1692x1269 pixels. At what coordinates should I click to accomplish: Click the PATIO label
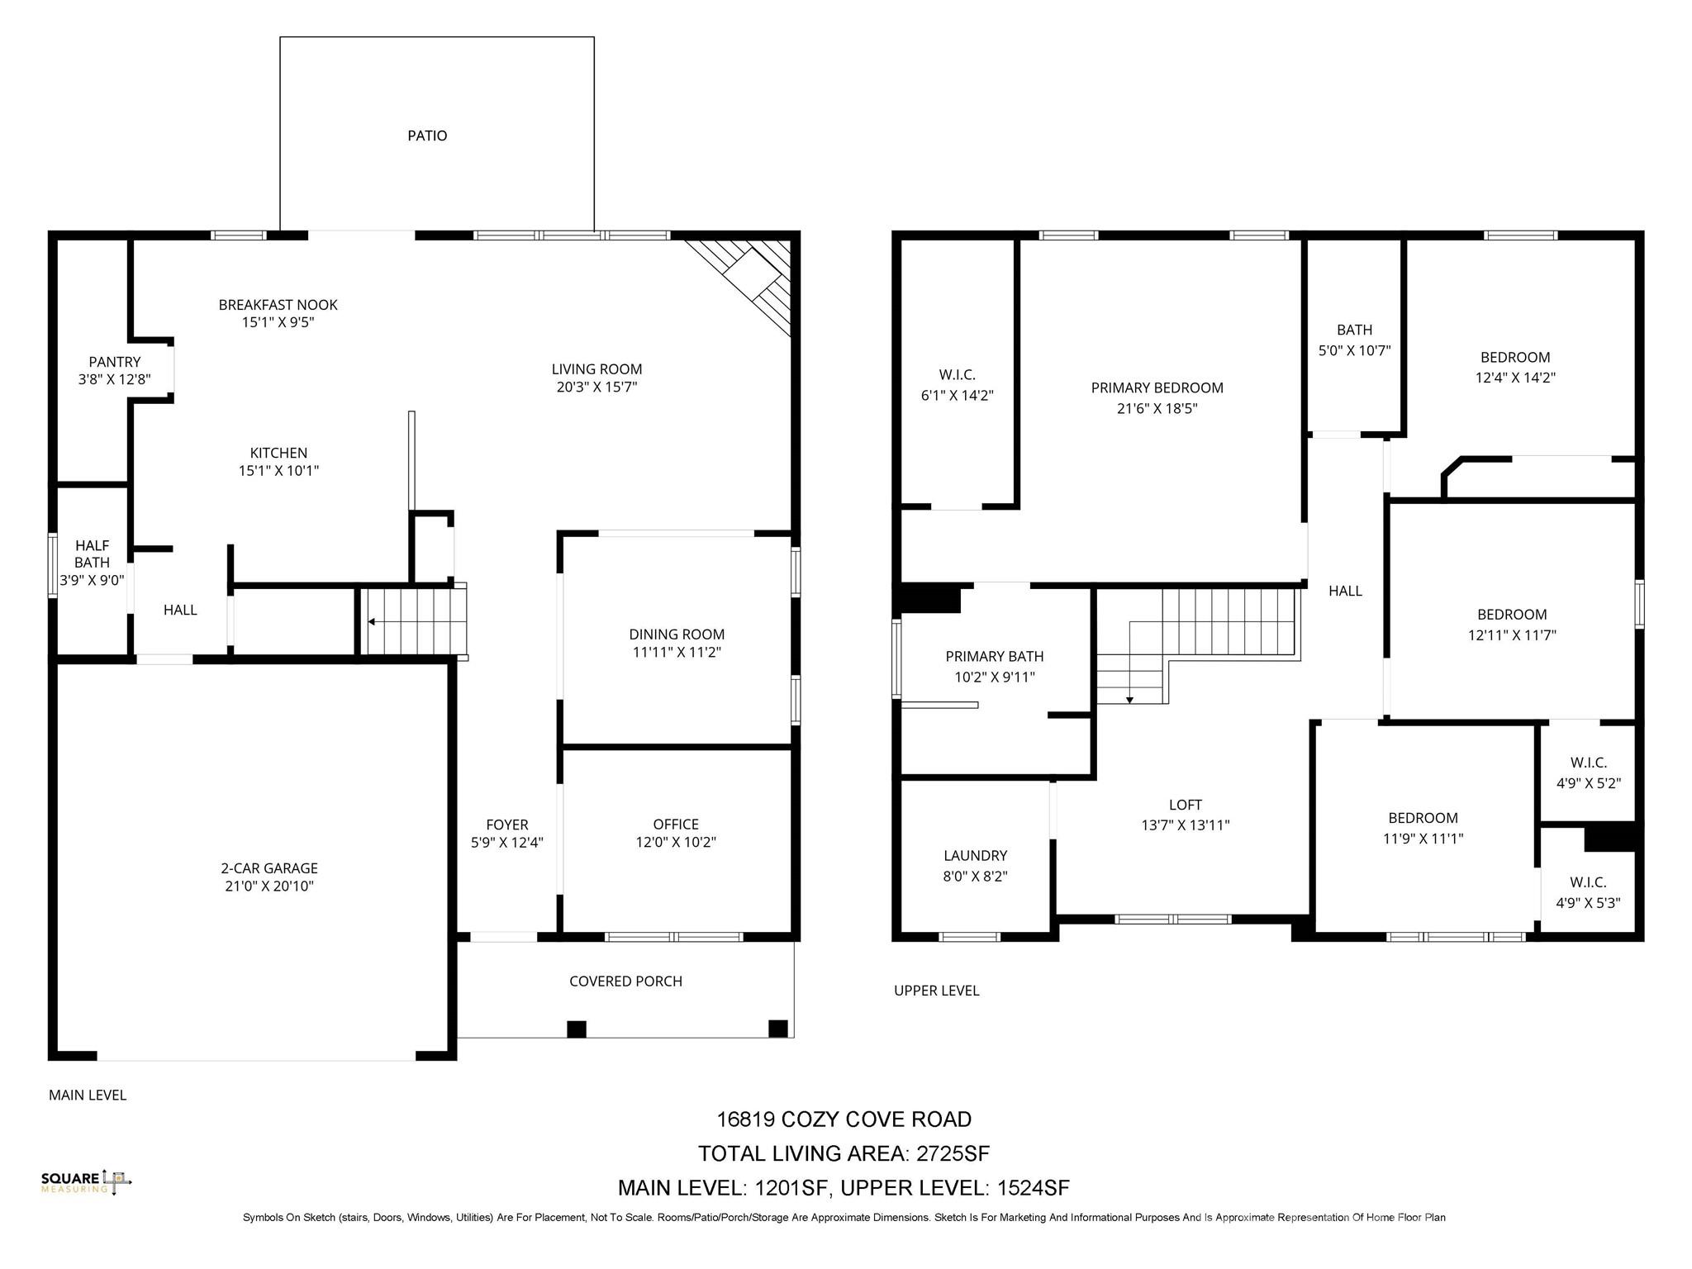427,135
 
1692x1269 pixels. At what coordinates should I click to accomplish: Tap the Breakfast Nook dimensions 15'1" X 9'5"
278,322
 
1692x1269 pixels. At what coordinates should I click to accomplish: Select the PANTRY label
115,362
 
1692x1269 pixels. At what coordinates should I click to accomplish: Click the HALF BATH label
92,554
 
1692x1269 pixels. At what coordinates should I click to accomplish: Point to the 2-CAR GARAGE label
269,868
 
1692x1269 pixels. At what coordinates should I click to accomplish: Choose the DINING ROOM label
677,634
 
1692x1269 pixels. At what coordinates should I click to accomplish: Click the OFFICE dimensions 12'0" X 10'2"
676,843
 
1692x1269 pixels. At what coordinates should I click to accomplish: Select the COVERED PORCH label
625,981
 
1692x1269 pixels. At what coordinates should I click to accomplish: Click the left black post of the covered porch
577,1029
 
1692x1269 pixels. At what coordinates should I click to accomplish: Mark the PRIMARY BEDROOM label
1157,388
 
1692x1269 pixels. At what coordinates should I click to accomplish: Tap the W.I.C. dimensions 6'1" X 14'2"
957,396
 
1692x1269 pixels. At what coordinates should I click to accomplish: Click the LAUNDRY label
976,856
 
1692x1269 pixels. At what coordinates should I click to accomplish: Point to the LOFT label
1186,805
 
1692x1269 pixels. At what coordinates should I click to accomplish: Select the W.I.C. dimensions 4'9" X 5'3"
1588,904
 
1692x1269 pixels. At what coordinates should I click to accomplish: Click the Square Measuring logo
86,1182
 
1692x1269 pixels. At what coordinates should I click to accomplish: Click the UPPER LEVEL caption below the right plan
937,991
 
